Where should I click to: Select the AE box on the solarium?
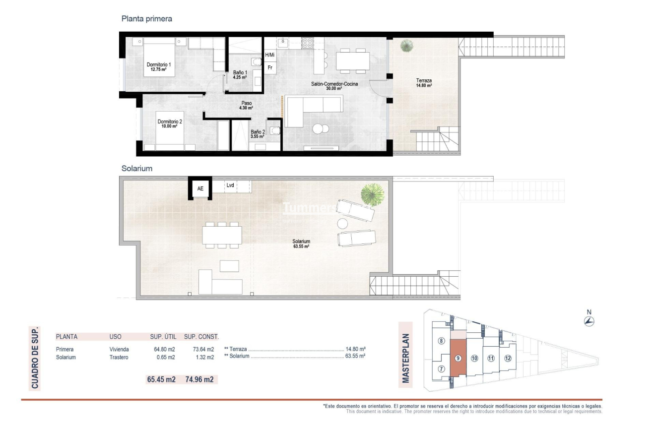200,188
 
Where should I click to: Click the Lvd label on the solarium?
230,185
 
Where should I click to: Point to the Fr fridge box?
270,67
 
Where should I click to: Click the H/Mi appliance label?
270,55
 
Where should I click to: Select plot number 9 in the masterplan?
458,358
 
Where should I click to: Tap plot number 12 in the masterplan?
508,358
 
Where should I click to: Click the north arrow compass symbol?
589,321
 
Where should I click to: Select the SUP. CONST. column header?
201,336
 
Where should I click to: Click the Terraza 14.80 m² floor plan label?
424,82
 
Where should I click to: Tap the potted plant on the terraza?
407,46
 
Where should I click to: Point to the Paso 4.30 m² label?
247,105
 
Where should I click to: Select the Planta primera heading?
147,19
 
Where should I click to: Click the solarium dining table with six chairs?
222,235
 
